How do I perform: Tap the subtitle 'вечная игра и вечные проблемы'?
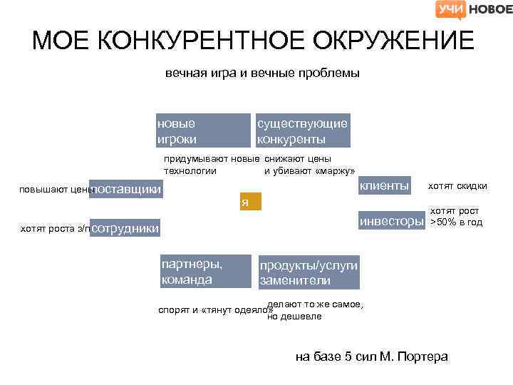pyautogui.click(x=262, y=73)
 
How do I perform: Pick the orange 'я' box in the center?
pyautogui.click(x=250, y=202)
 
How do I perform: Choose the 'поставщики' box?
pyautogui.click(x=126, y=188)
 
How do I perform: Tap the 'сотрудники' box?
pyautogui.click(x=126, y=228)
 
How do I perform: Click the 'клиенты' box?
pyautogui.click(x=385, y=185)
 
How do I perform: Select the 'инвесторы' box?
pyautogui.click(x=390, y=221)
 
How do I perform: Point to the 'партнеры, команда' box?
pyautogui.click(x=205, y=272)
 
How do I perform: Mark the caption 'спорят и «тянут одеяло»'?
pyautogui.click(x=210, y=311)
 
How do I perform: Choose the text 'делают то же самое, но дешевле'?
pyautogui.click(x=315, y=310)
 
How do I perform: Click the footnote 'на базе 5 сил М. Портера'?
pyautogui.click(x=371, y=356)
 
